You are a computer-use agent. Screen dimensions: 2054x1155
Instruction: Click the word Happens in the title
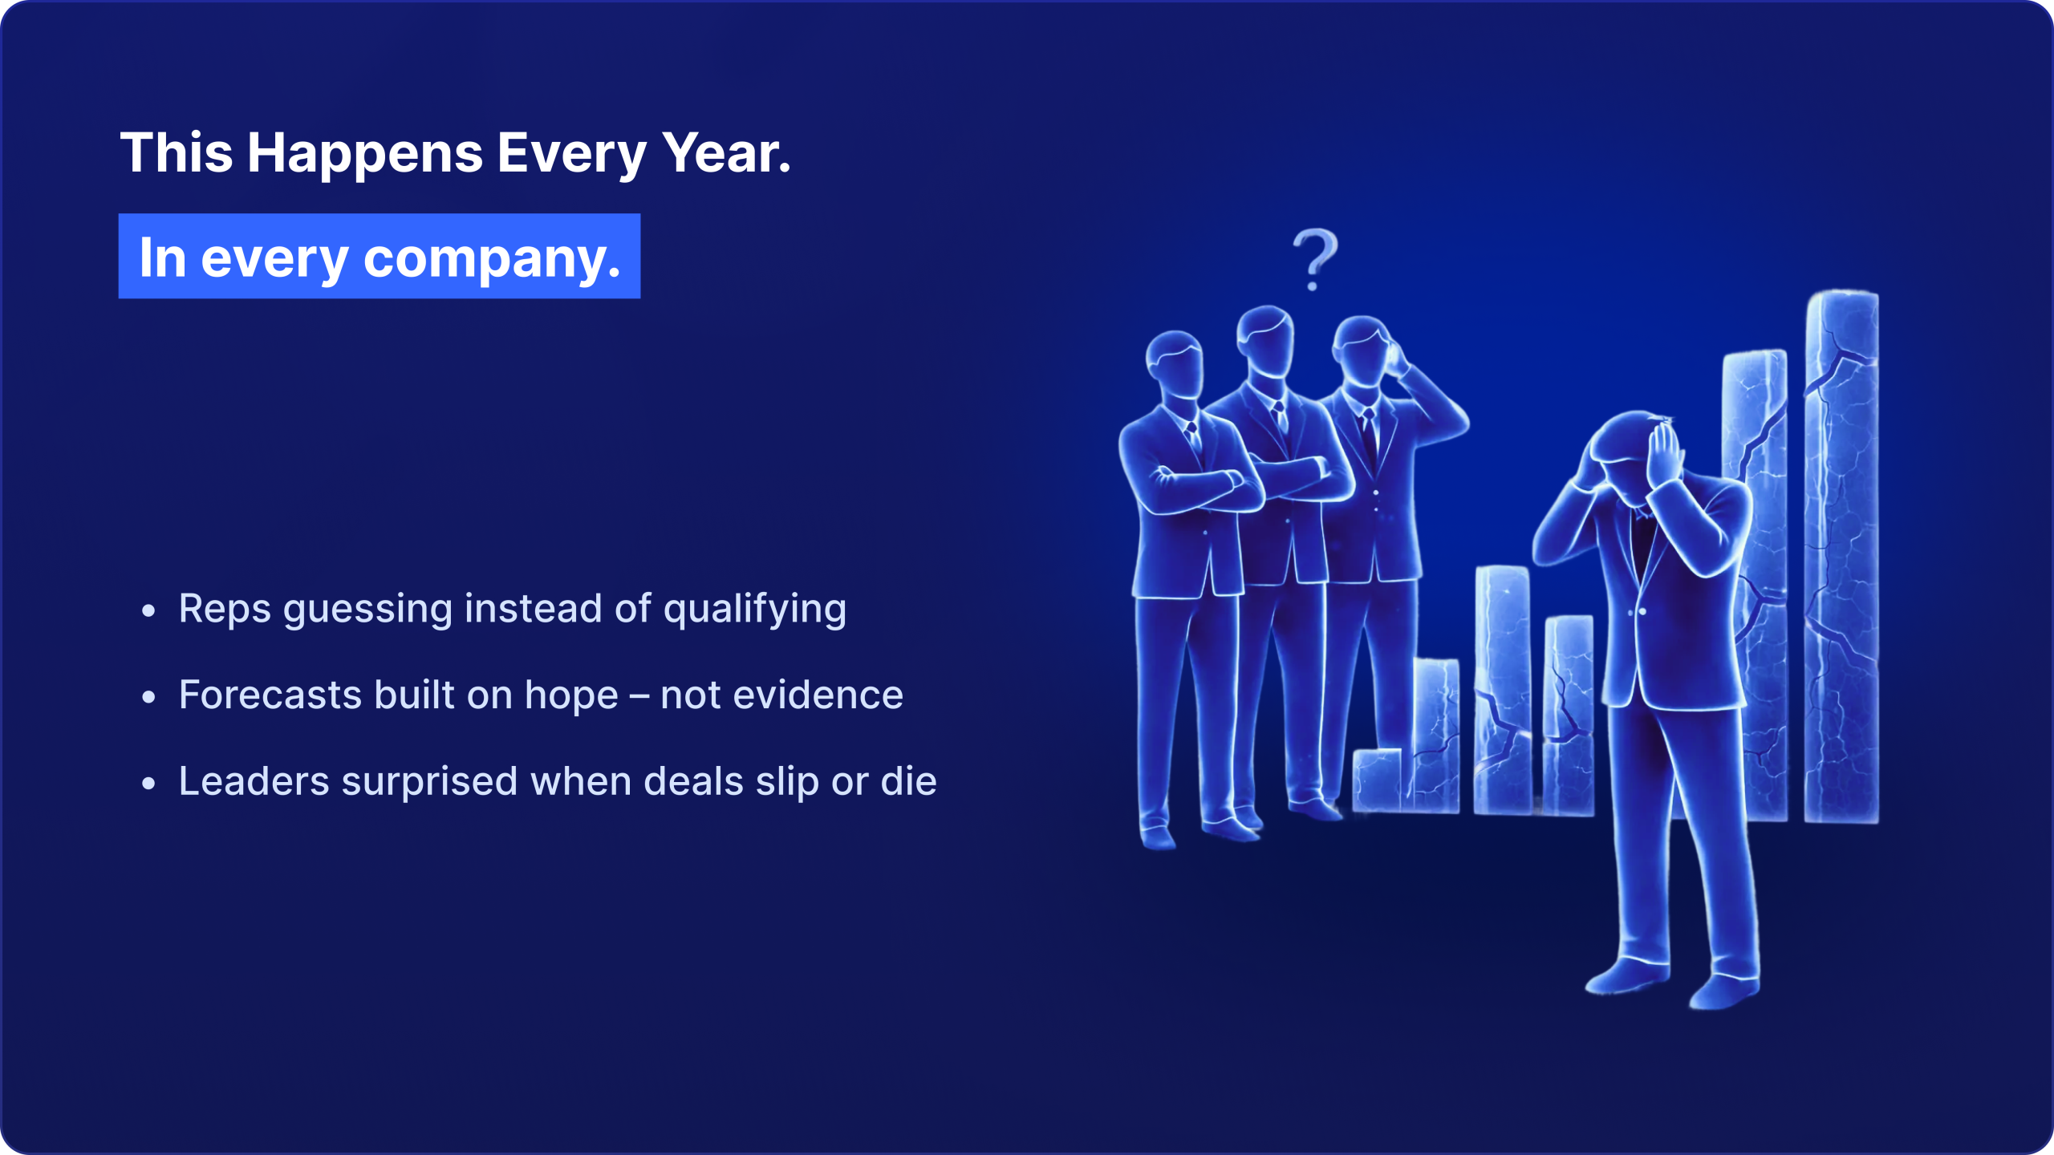tap(365, 154)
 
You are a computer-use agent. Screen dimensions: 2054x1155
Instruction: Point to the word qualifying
tap(755, 610)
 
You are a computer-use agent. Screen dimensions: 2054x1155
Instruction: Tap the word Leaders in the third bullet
tap(254, 781)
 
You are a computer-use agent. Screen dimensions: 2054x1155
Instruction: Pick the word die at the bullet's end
tap(909, 781)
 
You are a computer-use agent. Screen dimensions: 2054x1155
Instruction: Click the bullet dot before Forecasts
tap(148, 697)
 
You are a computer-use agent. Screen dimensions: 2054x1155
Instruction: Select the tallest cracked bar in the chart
tap(1841, 557)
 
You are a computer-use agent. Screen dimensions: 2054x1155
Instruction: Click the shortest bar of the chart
tap(1378, 780)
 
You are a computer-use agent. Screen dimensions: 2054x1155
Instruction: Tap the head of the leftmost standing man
tap(1175, 366)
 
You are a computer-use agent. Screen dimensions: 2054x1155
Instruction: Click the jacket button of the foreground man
tap(1642, 612)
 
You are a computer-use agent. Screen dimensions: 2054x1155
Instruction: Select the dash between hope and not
tap(639, 696)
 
